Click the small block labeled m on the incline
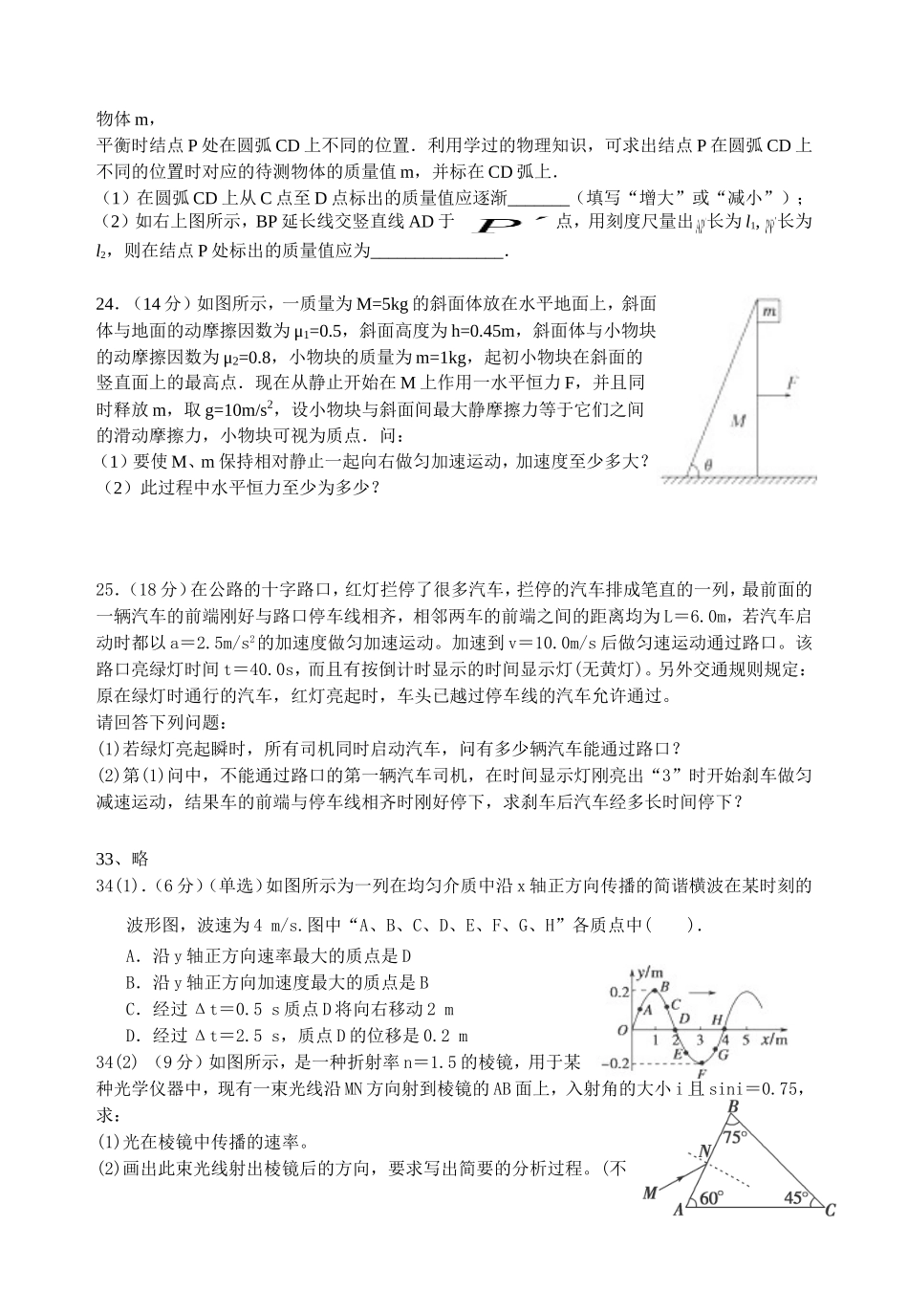[x=768, y=312]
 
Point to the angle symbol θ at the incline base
[x=707, y=465]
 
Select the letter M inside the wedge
[x=737, y=419]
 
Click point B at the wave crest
[x=664, y=986]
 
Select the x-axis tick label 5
[x=746, y=1039]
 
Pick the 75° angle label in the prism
[x=734, y=1138]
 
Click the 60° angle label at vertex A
[x=711, y=1197]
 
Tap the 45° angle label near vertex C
[x=796, y=1197]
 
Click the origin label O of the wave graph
[x=622, y=1030]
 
